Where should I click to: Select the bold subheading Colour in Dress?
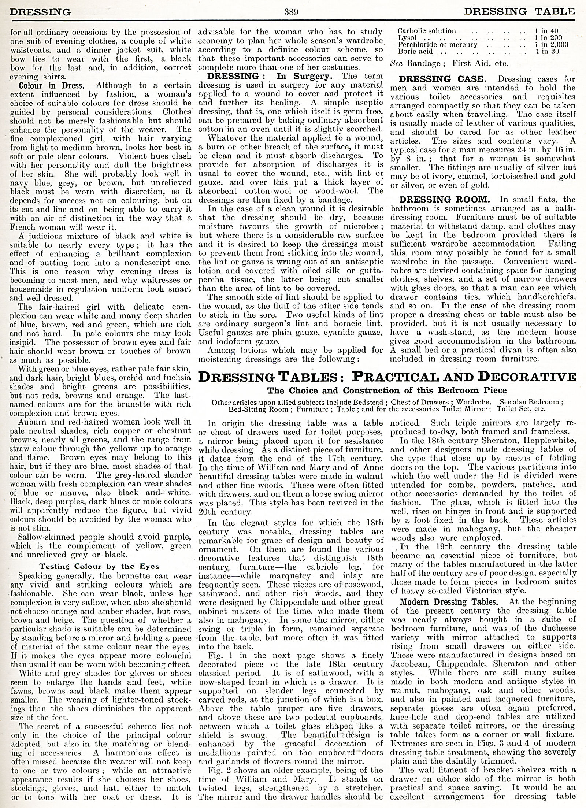[52, 85]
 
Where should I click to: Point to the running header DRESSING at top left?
[40, 11]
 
